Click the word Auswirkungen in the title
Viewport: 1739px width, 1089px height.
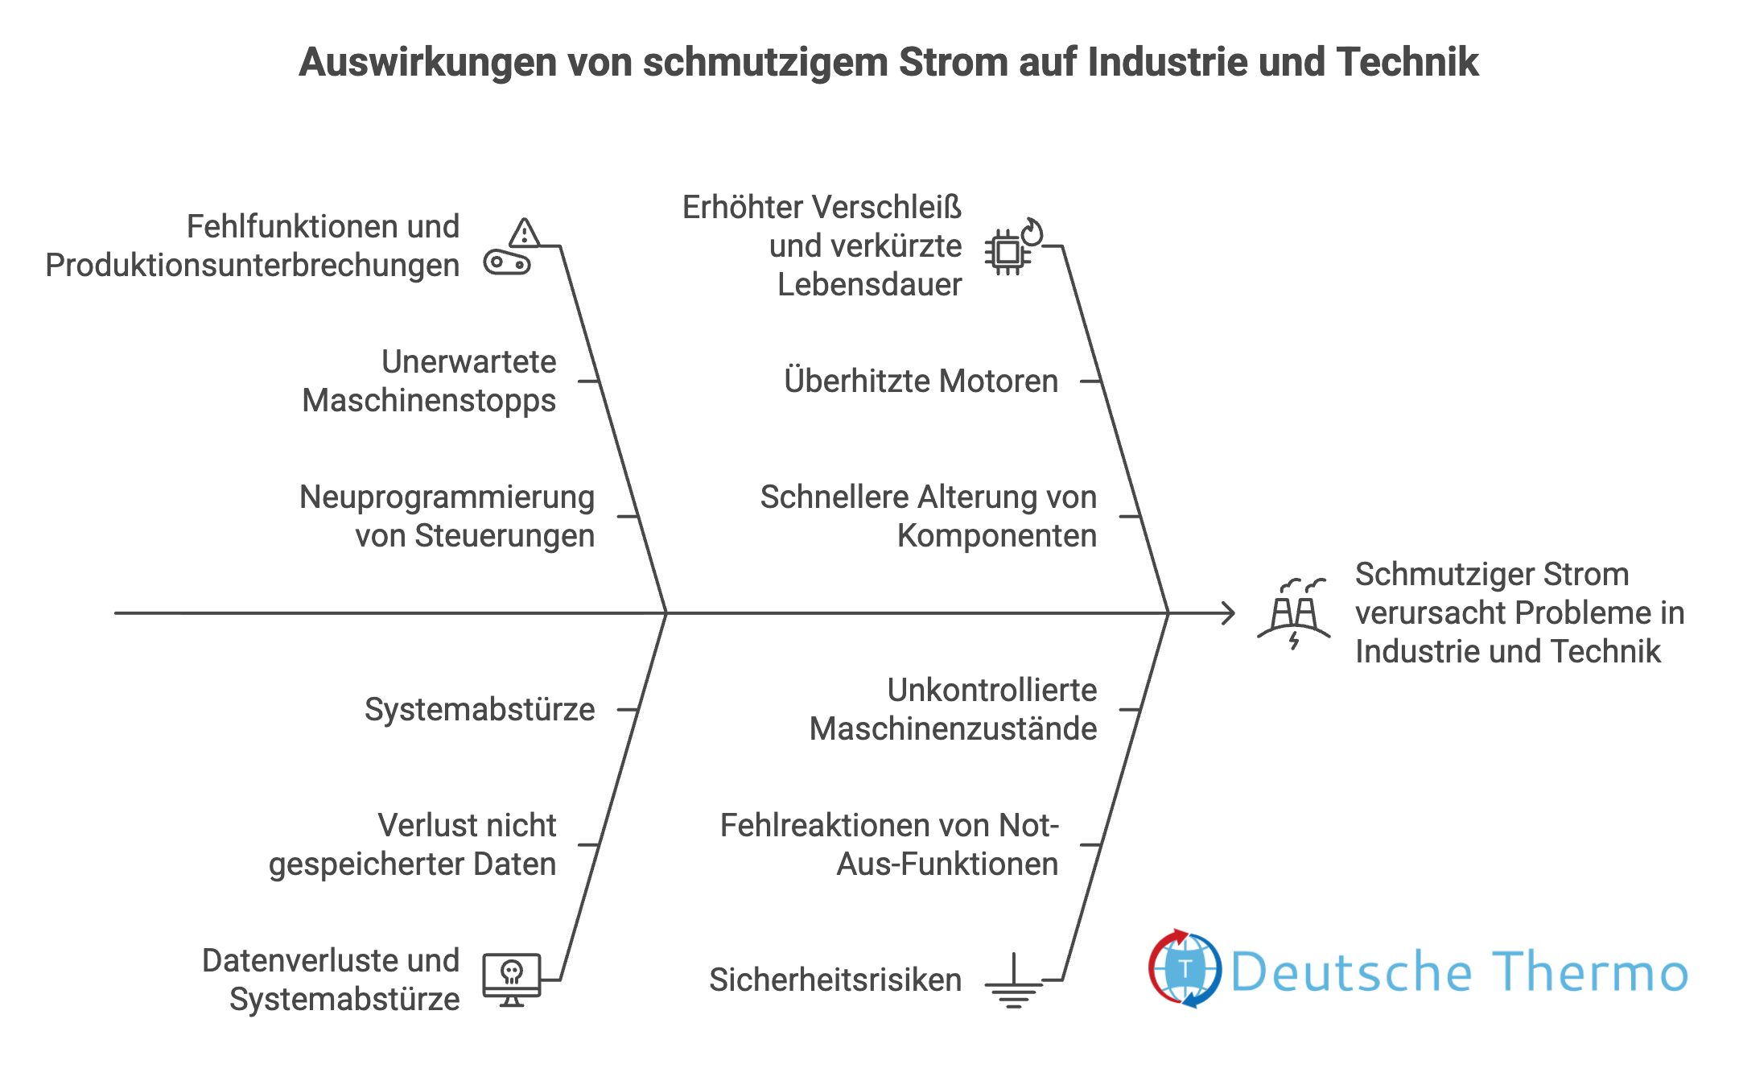click(427, 62)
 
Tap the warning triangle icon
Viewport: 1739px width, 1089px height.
click(524, 233)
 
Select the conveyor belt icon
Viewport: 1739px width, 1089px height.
click(507, 263)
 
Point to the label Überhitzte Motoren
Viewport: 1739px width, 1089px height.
click(921, 381)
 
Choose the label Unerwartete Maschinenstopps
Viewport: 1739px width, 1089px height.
click(429, 381)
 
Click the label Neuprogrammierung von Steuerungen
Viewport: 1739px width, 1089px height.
click(447, 516)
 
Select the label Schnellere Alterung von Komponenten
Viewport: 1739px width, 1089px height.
click(928, 516)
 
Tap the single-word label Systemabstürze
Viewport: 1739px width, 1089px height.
click(480, 709)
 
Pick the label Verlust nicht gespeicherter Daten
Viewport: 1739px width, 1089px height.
click(413, 844)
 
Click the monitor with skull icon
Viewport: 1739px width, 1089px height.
click(512, 980)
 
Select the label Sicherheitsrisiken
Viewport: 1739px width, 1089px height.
click(835, 980)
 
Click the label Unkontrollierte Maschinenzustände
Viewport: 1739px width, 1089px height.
click(953, 709)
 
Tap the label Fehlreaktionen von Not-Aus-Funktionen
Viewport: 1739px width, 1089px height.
click(889, 844)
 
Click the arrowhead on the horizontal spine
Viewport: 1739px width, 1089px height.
click(1228, 613)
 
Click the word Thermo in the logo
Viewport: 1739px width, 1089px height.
click(1589, 971)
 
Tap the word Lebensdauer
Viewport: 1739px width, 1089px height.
click(869, 285)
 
